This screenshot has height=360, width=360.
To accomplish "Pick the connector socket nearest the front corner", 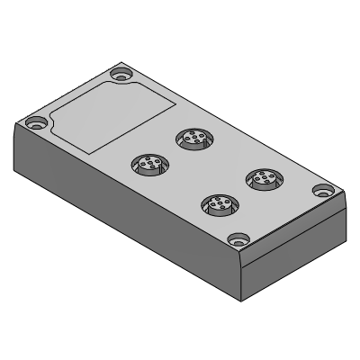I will coord(216,206).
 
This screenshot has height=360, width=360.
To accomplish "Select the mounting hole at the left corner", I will coord(34,122).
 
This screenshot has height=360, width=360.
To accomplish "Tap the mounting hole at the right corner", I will coord(322,190).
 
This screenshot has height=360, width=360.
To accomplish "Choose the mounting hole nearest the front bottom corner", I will coord(237,239).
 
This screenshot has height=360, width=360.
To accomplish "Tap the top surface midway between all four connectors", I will coord(204,172).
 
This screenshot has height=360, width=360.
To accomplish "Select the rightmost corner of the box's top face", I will coord(345,191).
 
